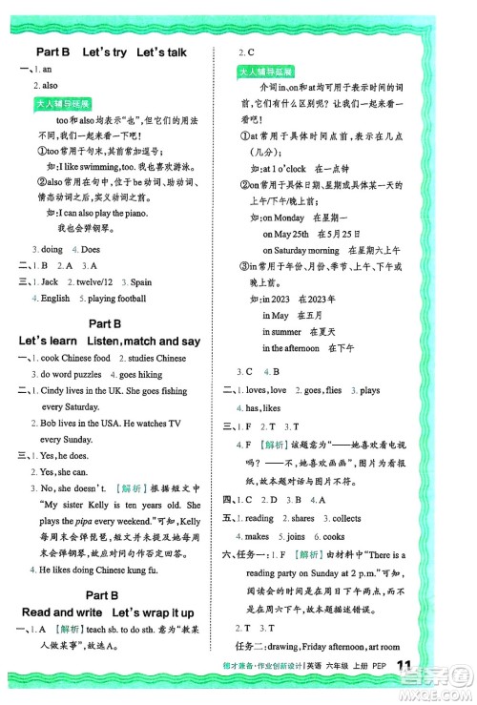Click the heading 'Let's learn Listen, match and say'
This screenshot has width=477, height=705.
(110, 341)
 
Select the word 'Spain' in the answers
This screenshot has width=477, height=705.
(140, 282)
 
